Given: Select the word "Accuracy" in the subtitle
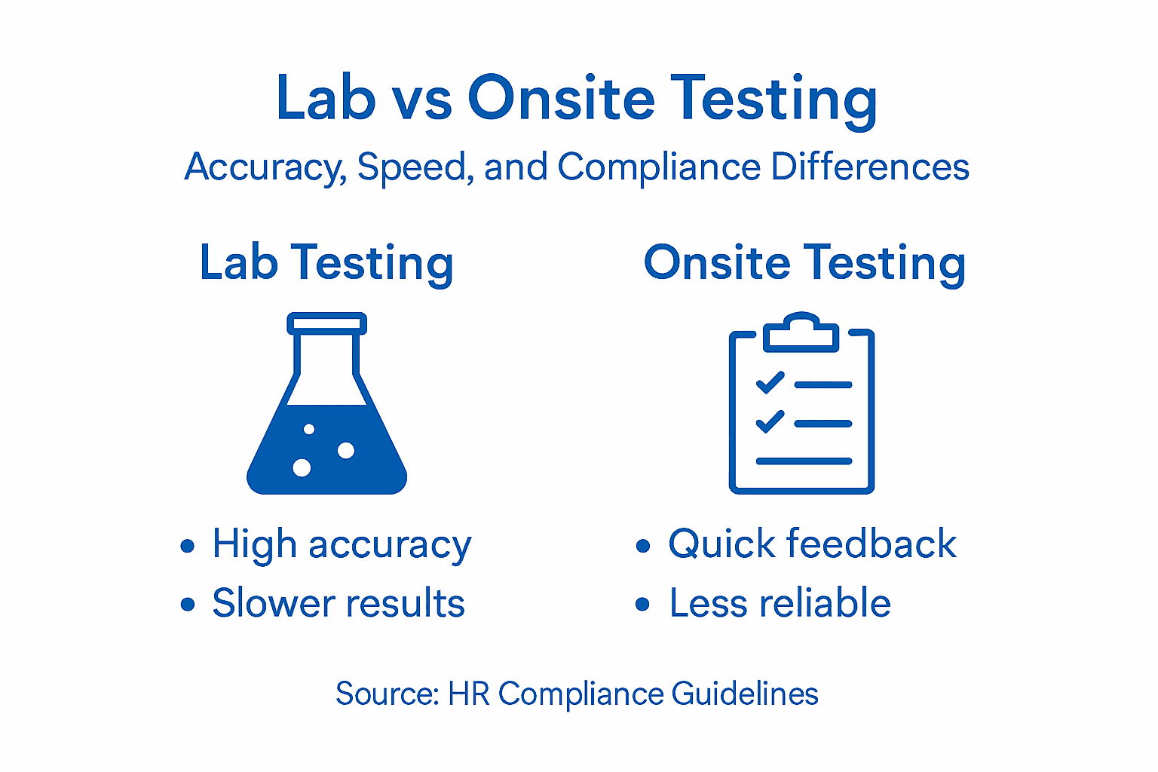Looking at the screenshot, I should click(x=265, y=167).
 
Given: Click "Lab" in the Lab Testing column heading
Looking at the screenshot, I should click(x=238, y=263).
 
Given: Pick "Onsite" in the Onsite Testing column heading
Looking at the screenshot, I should click(x=716, y=263).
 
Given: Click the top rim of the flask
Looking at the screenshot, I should click(x=326, y=323).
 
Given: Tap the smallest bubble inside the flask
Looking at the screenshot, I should click(x=309, y=429).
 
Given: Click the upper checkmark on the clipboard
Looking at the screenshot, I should click(x=770, y=383).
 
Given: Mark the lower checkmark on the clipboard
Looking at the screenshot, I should click(x=770, y=421).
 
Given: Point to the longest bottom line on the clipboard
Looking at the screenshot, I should click(x=804, y=461).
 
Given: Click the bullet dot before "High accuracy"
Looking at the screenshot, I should click(x=188, y=546).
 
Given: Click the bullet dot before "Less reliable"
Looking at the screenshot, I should click(x=642, y=604).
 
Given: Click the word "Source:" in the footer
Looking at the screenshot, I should click(x=387, y=694).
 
